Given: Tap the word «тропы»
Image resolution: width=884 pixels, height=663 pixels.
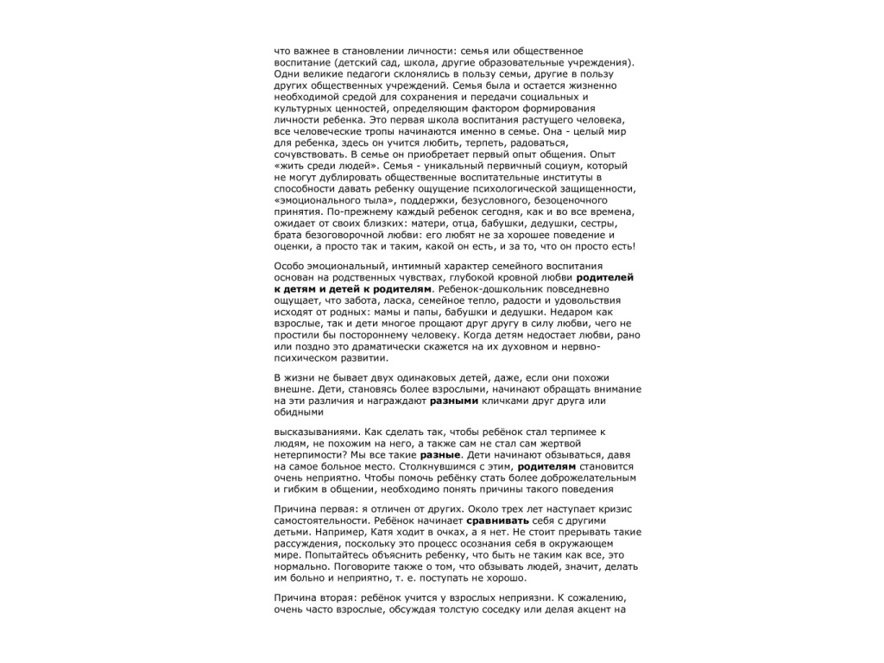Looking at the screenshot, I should click(356, 131).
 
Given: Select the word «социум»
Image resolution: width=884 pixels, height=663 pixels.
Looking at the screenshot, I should click(554, 165).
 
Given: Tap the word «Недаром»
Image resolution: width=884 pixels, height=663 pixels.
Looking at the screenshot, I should click(571, 312).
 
